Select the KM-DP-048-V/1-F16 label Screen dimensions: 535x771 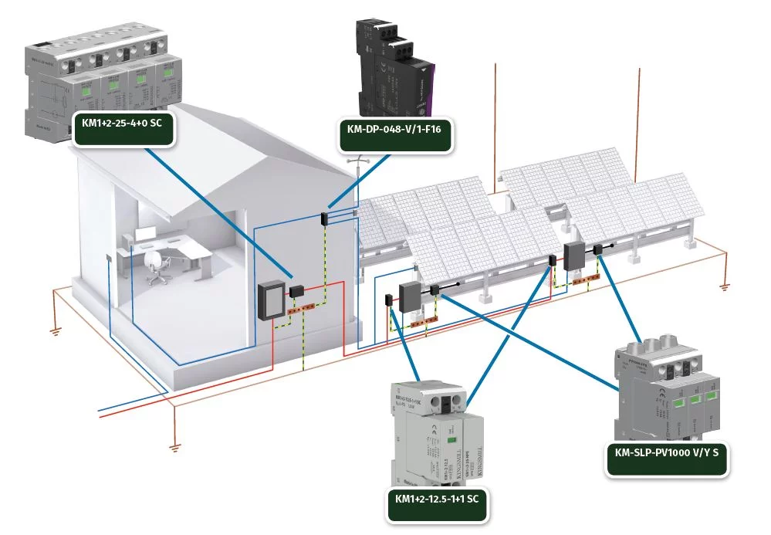point(394,134)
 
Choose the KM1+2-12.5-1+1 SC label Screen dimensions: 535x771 point(437,499)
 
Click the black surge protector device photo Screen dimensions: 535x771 point(394,66)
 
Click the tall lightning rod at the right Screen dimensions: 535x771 point(640,116)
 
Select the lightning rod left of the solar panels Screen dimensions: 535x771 point(495,124)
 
